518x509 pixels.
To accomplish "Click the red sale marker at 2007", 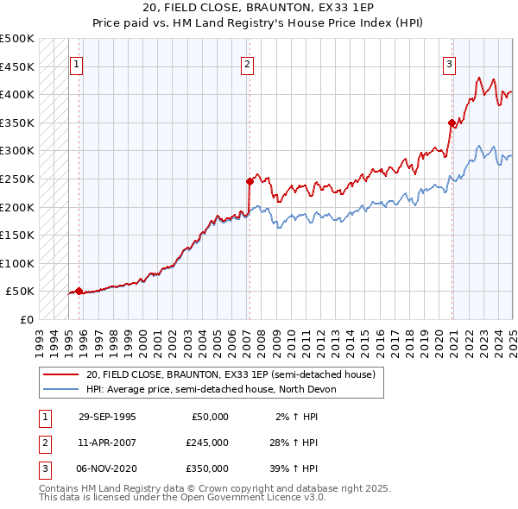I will (x=250, y=181).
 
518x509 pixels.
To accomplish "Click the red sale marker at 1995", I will (x=79, y=291).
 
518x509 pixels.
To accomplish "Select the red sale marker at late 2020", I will (x=452, y=123).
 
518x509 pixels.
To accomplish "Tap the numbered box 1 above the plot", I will (x=77, y=63).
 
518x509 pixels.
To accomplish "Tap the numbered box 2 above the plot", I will (x=247, y=63).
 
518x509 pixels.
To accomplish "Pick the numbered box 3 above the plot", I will (x=450, y=63).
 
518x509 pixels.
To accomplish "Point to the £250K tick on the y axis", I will (x=17, y=179).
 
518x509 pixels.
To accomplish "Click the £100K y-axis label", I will (x=17, y=263).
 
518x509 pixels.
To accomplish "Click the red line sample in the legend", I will (x=61, y=375).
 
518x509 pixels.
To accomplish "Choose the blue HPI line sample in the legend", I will (x=61, y=389).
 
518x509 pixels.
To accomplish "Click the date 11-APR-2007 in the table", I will (x=107, y=443).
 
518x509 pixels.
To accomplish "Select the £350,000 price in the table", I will (x=206, y=468).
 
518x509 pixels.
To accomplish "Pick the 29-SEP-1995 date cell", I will (x=107, y=417).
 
